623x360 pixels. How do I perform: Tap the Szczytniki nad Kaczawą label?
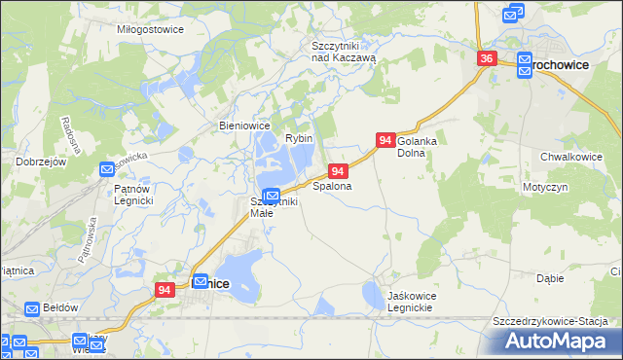[x=343, y=52]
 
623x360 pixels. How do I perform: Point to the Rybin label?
[x=299, y=139]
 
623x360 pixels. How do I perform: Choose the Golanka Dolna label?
[x=418, y=147]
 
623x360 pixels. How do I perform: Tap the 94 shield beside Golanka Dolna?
[x=385, y=141]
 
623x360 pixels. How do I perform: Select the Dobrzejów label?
[x=41, y=162]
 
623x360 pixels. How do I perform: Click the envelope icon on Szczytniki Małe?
[x=272, y=195]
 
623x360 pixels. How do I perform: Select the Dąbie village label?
[x=550, y=278]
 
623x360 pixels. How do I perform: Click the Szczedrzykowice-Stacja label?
[x=550, y=322]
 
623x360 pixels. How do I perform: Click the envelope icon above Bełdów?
[x=32, y=309]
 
